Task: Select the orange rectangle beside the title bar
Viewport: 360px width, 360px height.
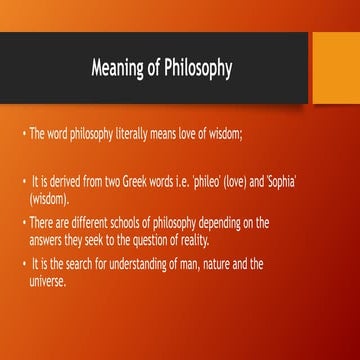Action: (x=334, y=67)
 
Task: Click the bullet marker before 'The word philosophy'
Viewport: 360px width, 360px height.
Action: (x=23, y=134)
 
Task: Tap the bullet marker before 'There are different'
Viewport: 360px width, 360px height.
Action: (x=23, y=223)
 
